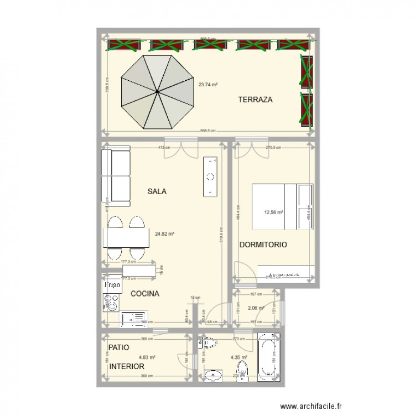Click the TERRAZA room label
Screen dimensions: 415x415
[256, 100]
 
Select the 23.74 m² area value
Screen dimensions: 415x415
[208, 85]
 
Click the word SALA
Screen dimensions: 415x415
[157, 191]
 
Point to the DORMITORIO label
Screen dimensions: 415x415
[263, 245]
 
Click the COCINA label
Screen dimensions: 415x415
[144, 294]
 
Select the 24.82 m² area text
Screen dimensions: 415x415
[165, 234]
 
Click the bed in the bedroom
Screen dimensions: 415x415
[282, 206]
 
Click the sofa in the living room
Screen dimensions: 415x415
[116, 175]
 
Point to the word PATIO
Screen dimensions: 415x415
[120, 348]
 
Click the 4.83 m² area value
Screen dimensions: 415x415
[147, 357]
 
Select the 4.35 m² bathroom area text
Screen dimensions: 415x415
[238, 357]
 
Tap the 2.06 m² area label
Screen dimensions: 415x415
[256, 308]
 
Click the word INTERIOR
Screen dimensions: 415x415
[127, 367]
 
